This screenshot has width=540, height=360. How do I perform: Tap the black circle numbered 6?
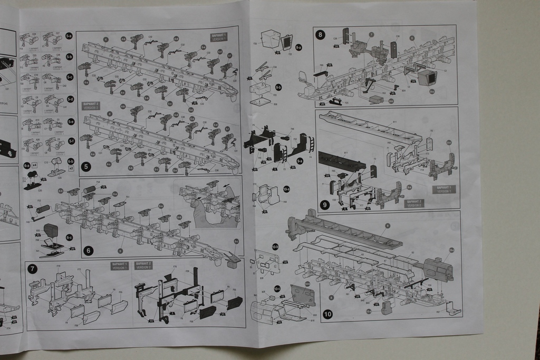(88, 250)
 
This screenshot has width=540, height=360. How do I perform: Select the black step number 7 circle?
(33, 269)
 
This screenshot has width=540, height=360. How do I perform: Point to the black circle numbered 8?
(320, 35)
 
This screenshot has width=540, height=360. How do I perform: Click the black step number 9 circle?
(324, 204)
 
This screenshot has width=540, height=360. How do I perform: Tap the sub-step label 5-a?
(69, 36)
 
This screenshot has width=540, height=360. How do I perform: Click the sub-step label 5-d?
(71, 99)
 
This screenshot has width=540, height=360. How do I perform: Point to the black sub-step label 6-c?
(70, 237)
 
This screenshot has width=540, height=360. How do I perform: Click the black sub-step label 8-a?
(298, 47)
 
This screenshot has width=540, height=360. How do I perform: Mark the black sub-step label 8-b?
(278, 87)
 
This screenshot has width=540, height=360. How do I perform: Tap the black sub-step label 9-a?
(300, 160)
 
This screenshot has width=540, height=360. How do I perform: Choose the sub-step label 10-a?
(286, 189)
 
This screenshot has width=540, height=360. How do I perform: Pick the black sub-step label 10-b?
(275, 246)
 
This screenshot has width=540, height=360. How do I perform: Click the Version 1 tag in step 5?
(218, 36)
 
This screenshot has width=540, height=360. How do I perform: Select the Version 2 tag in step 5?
(90, 105)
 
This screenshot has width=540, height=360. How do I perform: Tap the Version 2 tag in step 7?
(143, 266)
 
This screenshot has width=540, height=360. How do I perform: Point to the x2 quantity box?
(71, 168)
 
